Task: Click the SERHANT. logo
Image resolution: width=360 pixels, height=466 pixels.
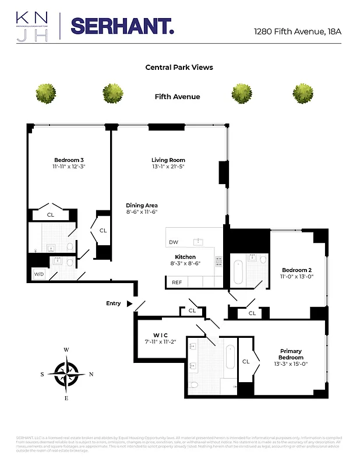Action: point(122,26)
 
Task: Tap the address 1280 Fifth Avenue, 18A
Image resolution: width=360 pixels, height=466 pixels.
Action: point(297,31)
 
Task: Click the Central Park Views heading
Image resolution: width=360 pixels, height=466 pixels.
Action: point(179,68)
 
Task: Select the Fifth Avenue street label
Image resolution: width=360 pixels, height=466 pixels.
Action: point(177,97)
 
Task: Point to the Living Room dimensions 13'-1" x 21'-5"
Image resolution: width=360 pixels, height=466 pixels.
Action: point(168,167)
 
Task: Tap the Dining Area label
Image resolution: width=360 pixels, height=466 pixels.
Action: point(142,205)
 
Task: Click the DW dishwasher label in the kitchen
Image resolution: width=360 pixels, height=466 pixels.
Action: point(174,242)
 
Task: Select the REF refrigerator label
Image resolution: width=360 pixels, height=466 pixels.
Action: point(177,283)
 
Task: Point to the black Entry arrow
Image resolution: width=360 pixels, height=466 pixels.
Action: point(129,303)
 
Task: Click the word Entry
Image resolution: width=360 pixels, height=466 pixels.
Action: point(114,303)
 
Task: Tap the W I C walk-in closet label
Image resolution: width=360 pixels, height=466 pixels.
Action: point(160,335)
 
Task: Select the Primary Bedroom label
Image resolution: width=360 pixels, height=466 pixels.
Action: point(291,354)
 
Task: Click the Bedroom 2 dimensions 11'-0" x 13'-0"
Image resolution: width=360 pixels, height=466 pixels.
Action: point(297,277)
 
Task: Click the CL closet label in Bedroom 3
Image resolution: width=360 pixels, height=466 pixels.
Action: point(51,215)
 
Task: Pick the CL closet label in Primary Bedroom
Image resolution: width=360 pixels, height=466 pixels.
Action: point(245,361)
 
